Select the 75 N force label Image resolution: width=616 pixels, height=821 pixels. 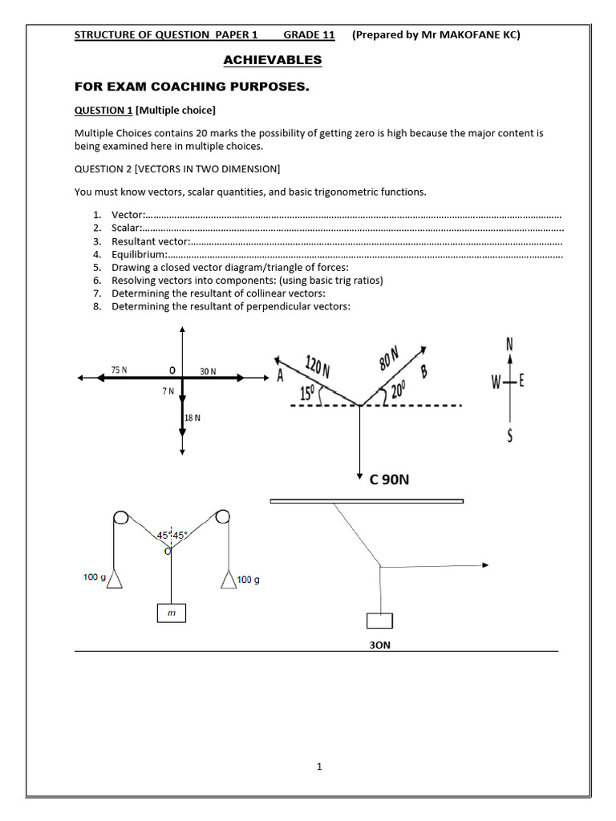tap(120, 370)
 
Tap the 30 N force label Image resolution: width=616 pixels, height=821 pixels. tap(208, 371)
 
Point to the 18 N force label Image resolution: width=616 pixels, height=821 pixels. tap(192, 418)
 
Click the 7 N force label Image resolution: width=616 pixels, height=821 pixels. tap(168, 390)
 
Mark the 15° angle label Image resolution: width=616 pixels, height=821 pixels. tap(307, 394)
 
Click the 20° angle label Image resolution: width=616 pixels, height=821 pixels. tap(398, 391)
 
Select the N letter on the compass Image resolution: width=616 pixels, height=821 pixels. tap(509, 343)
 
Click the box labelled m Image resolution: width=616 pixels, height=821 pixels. tap(171, 613)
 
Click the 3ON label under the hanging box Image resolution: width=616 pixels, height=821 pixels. tap(379, 644)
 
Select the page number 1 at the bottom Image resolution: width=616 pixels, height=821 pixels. tap(318, 766)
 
